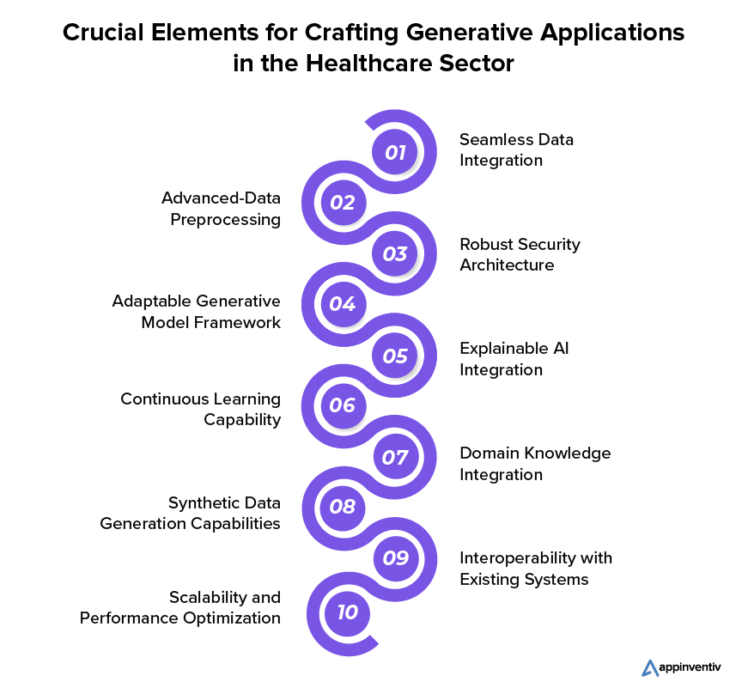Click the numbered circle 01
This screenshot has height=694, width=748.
tap(395, 153)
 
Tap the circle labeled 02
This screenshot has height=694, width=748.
tap(343, 203)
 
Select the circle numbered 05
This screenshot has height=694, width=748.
tap(395, 356)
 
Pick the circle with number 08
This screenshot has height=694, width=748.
tap(343, 507)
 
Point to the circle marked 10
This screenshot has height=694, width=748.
tap(347, 612)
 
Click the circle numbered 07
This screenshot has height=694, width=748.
tap(395, 457)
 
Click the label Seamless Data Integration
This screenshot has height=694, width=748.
tap(516, 149)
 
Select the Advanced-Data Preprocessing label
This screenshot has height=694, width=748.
tap(221, 209)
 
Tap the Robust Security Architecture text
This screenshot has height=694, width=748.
tap(520, 254)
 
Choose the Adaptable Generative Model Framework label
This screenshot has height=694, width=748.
tap(196, 312)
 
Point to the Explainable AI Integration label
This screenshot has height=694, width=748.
tap(514, 359)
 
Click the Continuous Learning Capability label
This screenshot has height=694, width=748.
tap(200, 409)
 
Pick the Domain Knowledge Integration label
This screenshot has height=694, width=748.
tap(535, 463)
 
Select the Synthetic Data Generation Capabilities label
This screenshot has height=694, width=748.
tap(190, 513)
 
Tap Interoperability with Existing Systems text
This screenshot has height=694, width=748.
tap(536, 569)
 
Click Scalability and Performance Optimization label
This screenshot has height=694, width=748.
tap(180, 607)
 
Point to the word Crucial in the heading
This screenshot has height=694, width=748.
tap(99, 33)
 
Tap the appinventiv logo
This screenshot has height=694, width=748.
tap(684, 667)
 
